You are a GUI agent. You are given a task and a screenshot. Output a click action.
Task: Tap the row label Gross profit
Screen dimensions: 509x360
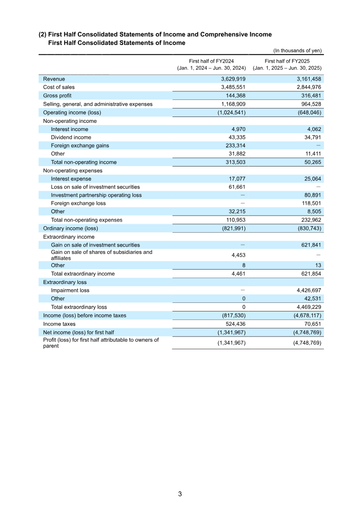pos(57,95)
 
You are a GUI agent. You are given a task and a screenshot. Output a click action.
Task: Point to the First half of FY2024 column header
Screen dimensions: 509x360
pos(211,64)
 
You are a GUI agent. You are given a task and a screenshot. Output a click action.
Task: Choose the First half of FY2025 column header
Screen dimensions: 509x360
pos(287,64)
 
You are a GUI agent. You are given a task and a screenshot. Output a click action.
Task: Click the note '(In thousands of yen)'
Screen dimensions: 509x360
pos(297,50)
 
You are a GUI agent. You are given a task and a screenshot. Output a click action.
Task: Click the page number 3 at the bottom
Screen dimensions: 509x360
pos(180,494)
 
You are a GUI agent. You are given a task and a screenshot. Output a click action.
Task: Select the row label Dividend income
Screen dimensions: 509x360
pos(71,137)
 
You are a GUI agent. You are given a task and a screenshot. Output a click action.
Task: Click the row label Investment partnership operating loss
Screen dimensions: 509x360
pos(96,195)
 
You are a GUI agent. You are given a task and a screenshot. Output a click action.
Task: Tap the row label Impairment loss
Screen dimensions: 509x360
pos(70,290)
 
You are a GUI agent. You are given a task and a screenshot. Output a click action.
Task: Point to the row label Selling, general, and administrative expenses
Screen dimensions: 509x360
pos(98,104)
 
